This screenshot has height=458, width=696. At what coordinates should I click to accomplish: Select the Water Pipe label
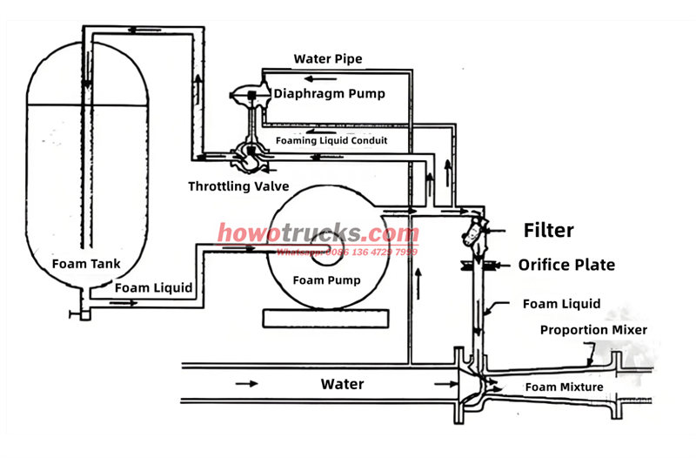point(327,59)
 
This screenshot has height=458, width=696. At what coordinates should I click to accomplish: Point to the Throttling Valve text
point(238,186)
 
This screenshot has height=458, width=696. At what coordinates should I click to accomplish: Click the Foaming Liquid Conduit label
point(331,139)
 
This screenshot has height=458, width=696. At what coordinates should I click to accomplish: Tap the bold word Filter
point(548,231)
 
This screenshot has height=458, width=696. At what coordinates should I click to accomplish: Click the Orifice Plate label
point(566,265)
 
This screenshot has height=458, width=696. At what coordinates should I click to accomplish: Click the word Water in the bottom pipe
point(342,383)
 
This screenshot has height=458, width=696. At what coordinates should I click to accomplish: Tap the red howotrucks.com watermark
point(318,233)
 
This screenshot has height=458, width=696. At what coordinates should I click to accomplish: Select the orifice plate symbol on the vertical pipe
point(478,265)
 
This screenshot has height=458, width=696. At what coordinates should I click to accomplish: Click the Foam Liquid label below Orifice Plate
point(561,304)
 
